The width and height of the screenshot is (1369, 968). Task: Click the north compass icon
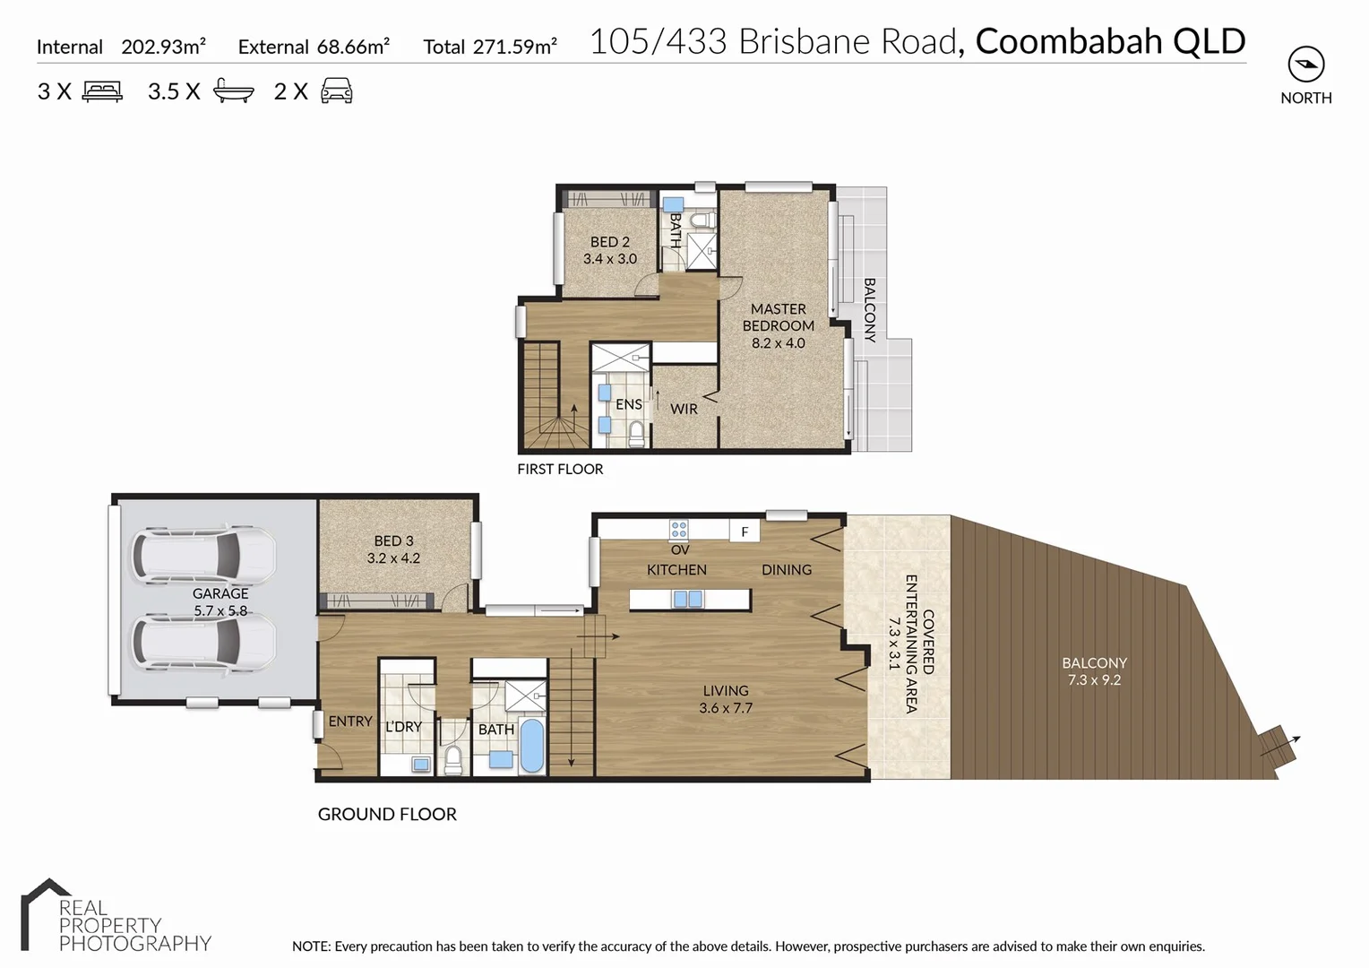(1305, 65)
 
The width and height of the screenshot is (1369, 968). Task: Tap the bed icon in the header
(102, 91)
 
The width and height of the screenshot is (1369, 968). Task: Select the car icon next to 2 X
(337, 91)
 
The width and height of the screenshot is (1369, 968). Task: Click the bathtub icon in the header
(234, 91)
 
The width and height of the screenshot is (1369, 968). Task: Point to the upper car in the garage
(203, 555)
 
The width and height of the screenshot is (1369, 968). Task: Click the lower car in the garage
(203, 642)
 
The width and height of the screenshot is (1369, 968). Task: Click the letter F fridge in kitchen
(745, 532)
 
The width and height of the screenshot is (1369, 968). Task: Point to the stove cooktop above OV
(679, 530)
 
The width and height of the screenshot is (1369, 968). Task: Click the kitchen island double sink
(688, 600)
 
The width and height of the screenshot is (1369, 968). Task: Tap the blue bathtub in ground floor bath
(531, 745)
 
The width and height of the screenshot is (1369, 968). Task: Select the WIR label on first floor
(684, 409)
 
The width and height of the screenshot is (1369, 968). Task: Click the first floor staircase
(549, 395)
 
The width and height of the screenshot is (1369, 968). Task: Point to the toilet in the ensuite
(636, 434)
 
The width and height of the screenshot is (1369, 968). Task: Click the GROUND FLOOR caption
(387, 814)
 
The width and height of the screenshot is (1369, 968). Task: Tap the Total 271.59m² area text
(490, 47)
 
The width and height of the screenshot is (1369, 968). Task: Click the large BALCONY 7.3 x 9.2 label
(1094, 671)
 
